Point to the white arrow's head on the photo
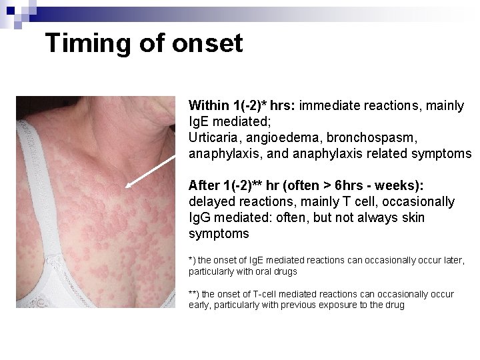pos(129,187)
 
